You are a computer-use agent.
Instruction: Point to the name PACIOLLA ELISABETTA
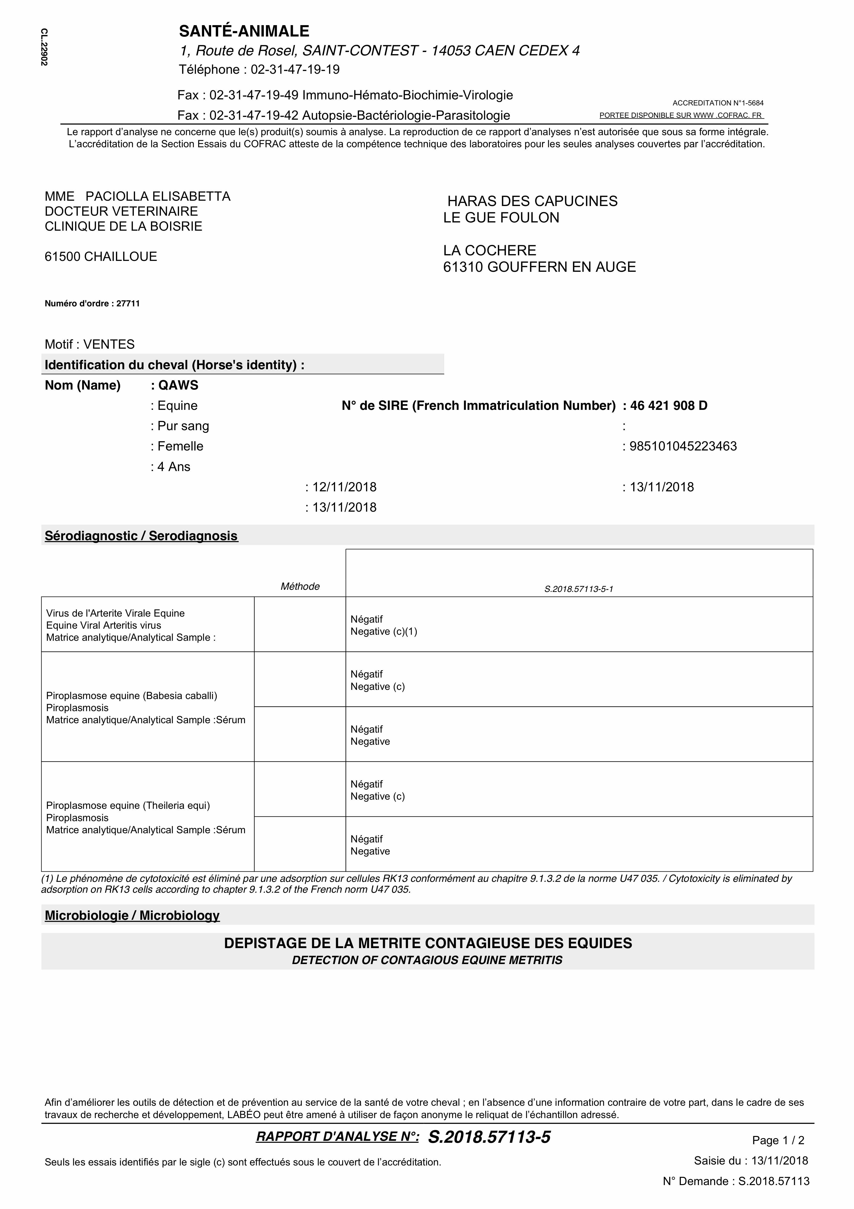(x=158, y=196)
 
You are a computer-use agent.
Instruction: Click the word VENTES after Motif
(x=109, y=344)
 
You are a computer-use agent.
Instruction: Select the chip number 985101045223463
(x=683, y=447)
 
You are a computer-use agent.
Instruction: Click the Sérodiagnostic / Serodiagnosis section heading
(x=141, y=536)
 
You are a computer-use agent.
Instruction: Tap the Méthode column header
(x=300, y=587)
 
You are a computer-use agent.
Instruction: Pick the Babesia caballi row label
(x=132, y=696)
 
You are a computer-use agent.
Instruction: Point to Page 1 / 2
(x=778, y=1141)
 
